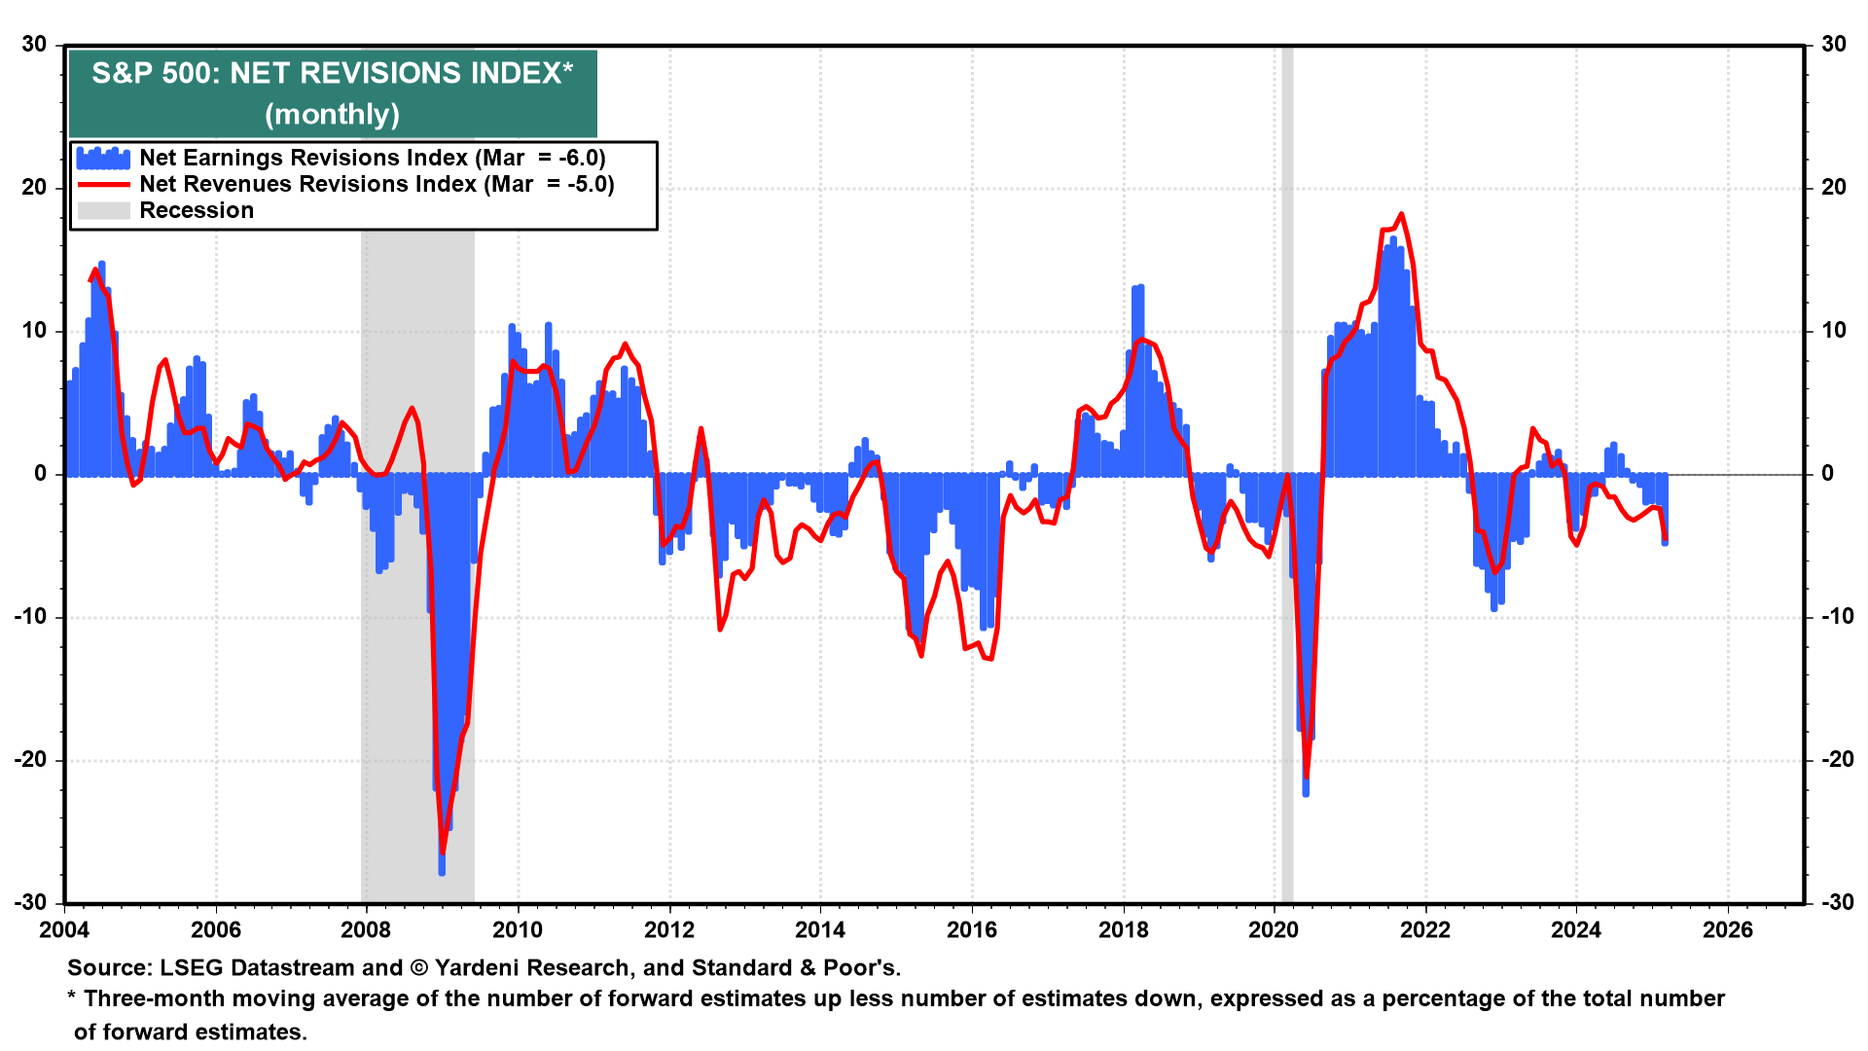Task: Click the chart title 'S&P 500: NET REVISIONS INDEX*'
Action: point(332,74)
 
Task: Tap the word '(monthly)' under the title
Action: point(332,115)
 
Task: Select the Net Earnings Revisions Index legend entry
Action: point(372,158)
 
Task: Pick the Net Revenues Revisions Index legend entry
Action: point(377,184)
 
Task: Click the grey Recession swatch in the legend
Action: point(103,210)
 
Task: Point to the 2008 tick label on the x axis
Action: point(366,930)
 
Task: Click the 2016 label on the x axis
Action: point(971,930)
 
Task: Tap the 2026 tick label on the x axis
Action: point(1727,930)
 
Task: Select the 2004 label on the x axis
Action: point(64,930)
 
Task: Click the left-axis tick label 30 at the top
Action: point(35,45)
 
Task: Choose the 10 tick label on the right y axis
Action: point(1833,331)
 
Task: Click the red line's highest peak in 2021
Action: point(1401,214)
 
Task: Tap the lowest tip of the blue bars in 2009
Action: point(442,873)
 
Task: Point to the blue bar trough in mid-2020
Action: point(1306,794)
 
